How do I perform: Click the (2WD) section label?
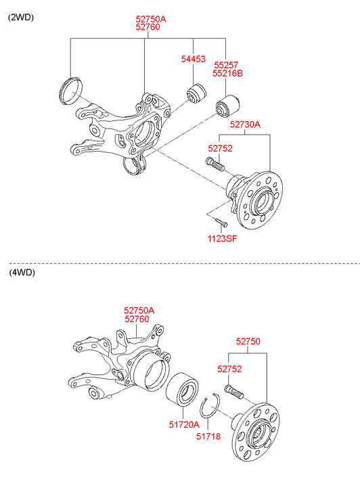21,18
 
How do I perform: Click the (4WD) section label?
22,272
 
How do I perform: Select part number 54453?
193,59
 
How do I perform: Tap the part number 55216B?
227,73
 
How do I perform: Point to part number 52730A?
245,125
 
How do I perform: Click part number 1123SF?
222,238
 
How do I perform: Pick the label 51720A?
184,424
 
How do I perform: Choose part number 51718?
208,436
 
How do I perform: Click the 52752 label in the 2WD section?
220,148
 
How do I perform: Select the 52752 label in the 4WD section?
229,369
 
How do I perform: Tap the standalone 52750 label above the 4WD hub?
248,341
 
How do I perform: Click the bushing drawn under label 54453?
197,93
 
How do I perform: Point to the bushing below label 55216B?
229,107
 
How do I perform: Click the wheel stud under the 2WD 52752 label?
215,164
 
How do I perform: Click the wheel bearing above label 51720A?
182,389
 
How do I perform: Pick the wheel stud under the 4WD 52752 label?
234,392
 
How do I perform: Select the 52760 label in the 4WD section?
137,319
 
